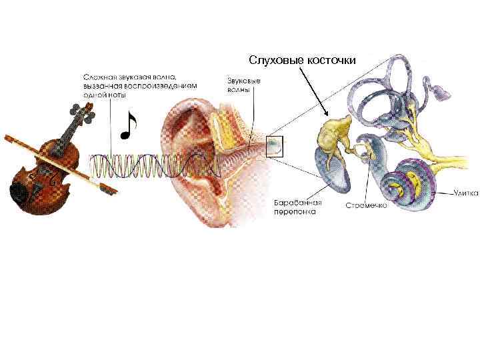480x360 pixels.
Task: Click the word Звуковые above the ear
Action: pyautogui.click(x=239, y=81)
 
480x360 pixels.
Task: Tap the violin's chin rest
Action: pyautogui.click(x=23, y=193)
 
